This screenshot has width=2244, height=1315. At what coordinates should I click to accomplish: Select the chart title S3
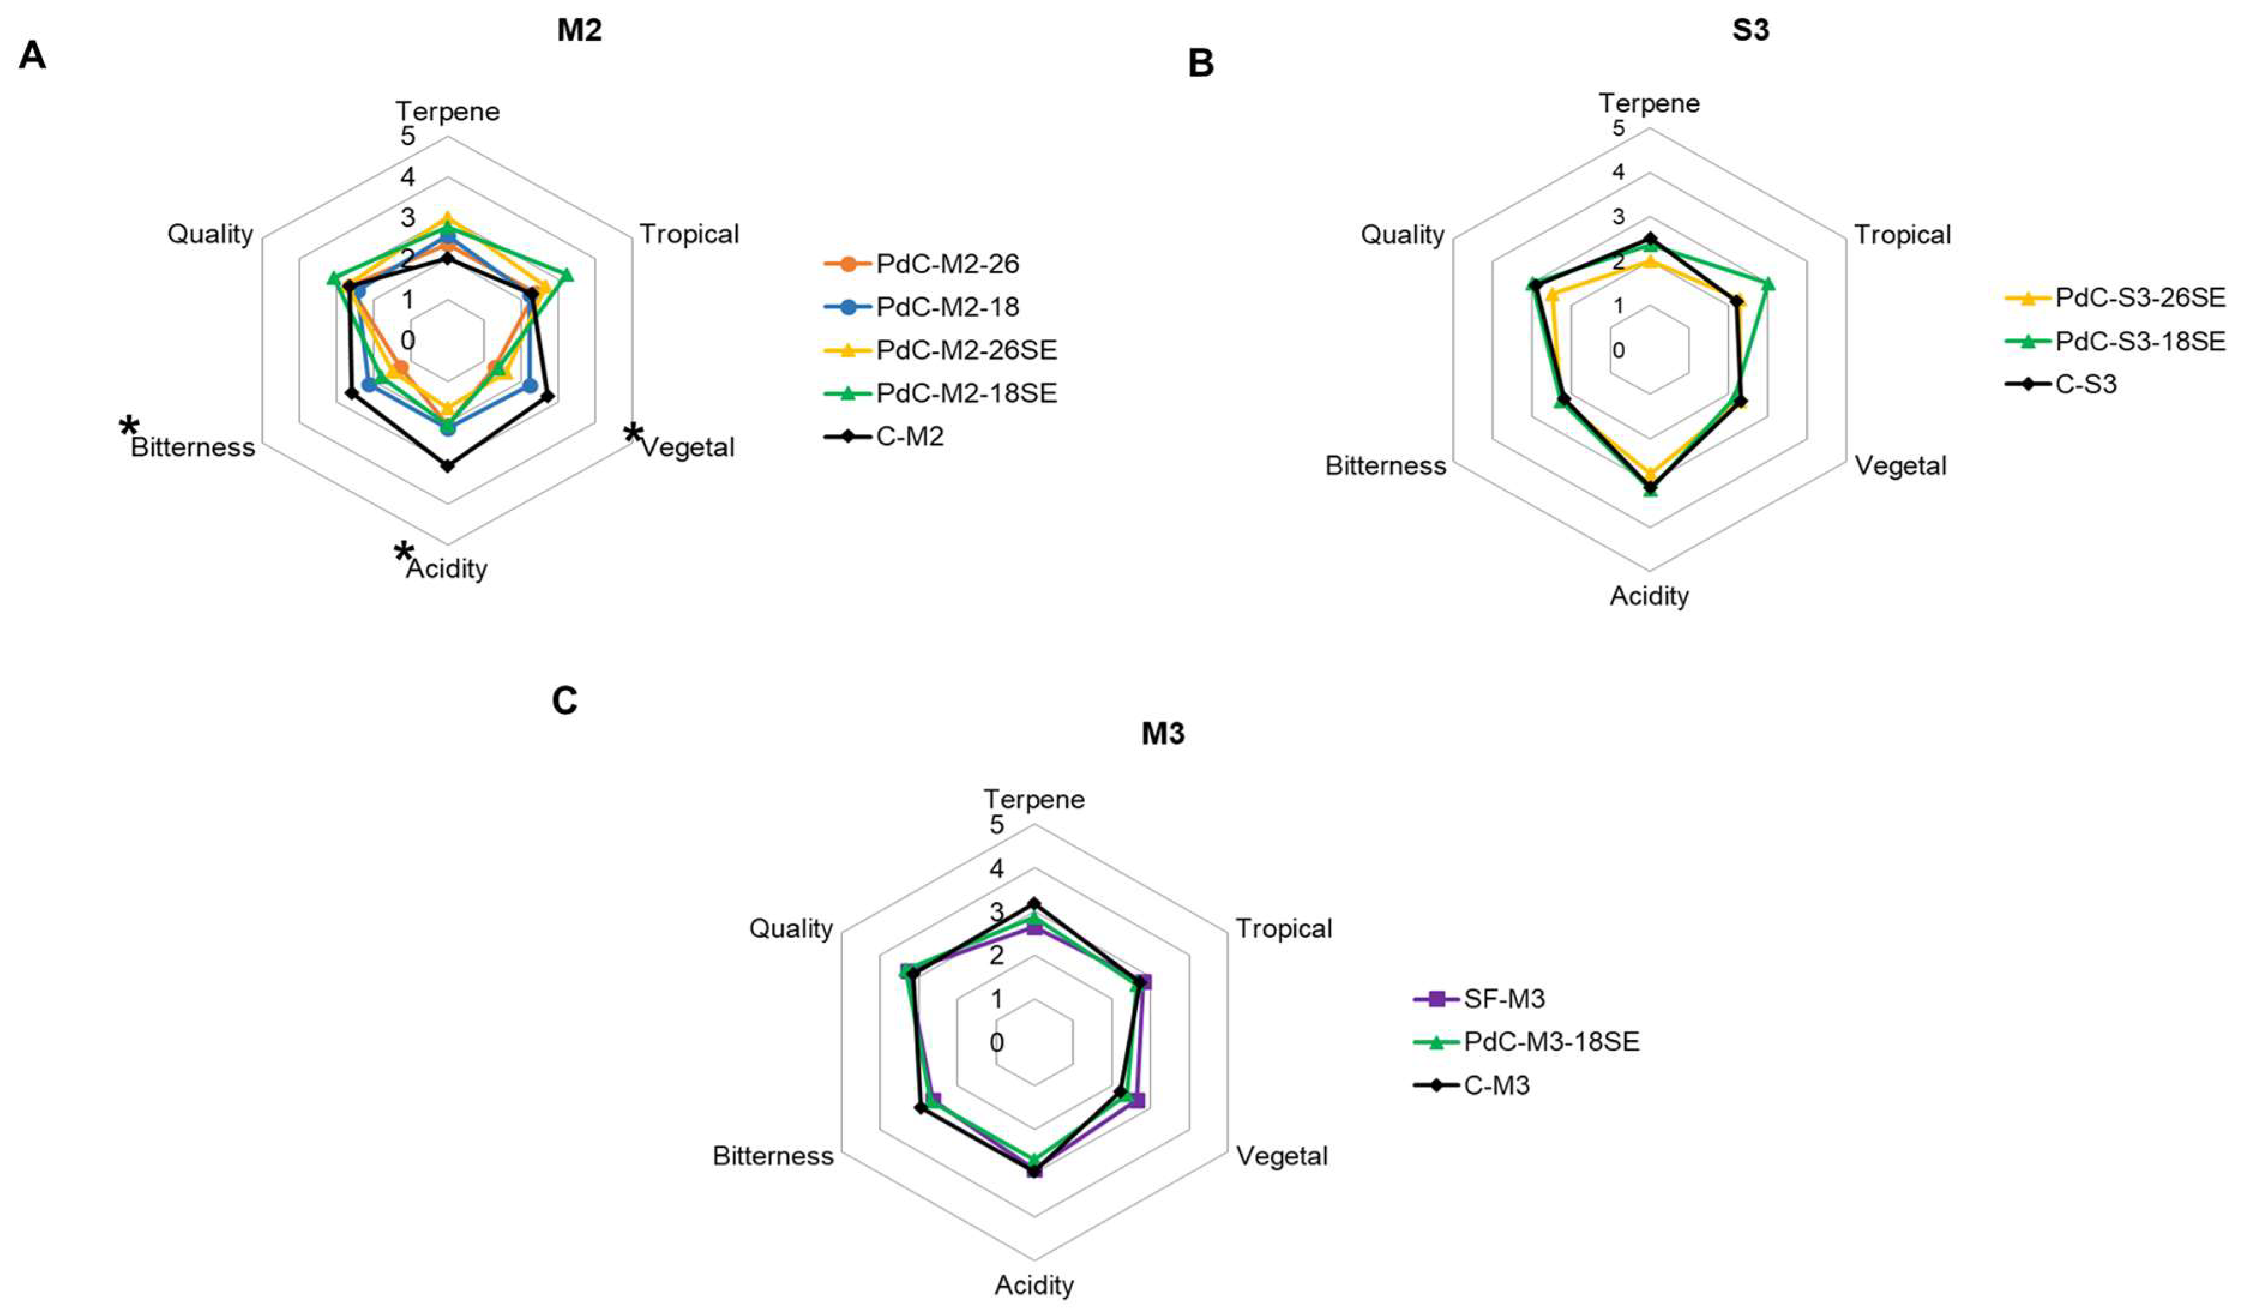(1750, 30)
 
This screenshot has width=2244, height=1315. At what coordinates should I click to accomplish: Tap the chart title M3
(1162, 733)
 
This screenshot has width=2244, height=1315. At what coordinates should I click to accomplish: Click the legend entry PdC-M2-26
(946, 263)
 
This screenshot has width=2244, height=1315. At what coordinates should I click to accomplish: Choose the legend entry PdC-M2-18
(946, 307)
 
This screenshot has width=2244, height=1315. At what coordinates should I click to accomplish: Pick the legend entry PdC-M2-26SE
(965, 350)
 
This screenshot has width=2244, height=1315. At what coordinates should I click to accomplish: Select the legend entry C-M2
(909, 437)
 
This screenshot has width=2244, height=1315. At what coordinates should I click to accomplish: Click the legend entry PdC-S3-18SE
(2139, 341)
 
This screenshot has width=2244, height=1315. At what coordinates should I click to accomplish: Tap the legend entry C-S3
(2084, 384)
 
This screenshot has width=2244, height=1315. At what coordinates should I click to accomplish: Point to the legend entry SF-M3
(1503, 999)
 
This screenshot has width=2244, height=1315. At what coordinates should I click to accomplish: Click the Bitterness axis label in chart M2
(192, 447)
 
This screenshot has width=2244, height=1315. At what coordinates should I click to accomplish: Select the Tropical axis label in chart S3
(1902, 235)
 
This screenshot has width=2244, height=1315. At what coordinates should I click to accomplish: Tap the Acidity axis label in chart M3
(1034, 1286)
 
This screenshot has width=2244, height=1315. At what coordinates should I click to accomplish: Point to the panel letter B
(1201, 63)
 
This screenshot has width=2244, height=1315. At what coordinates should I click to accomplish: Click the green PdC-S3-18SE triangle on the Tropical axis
(1768, 285)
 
